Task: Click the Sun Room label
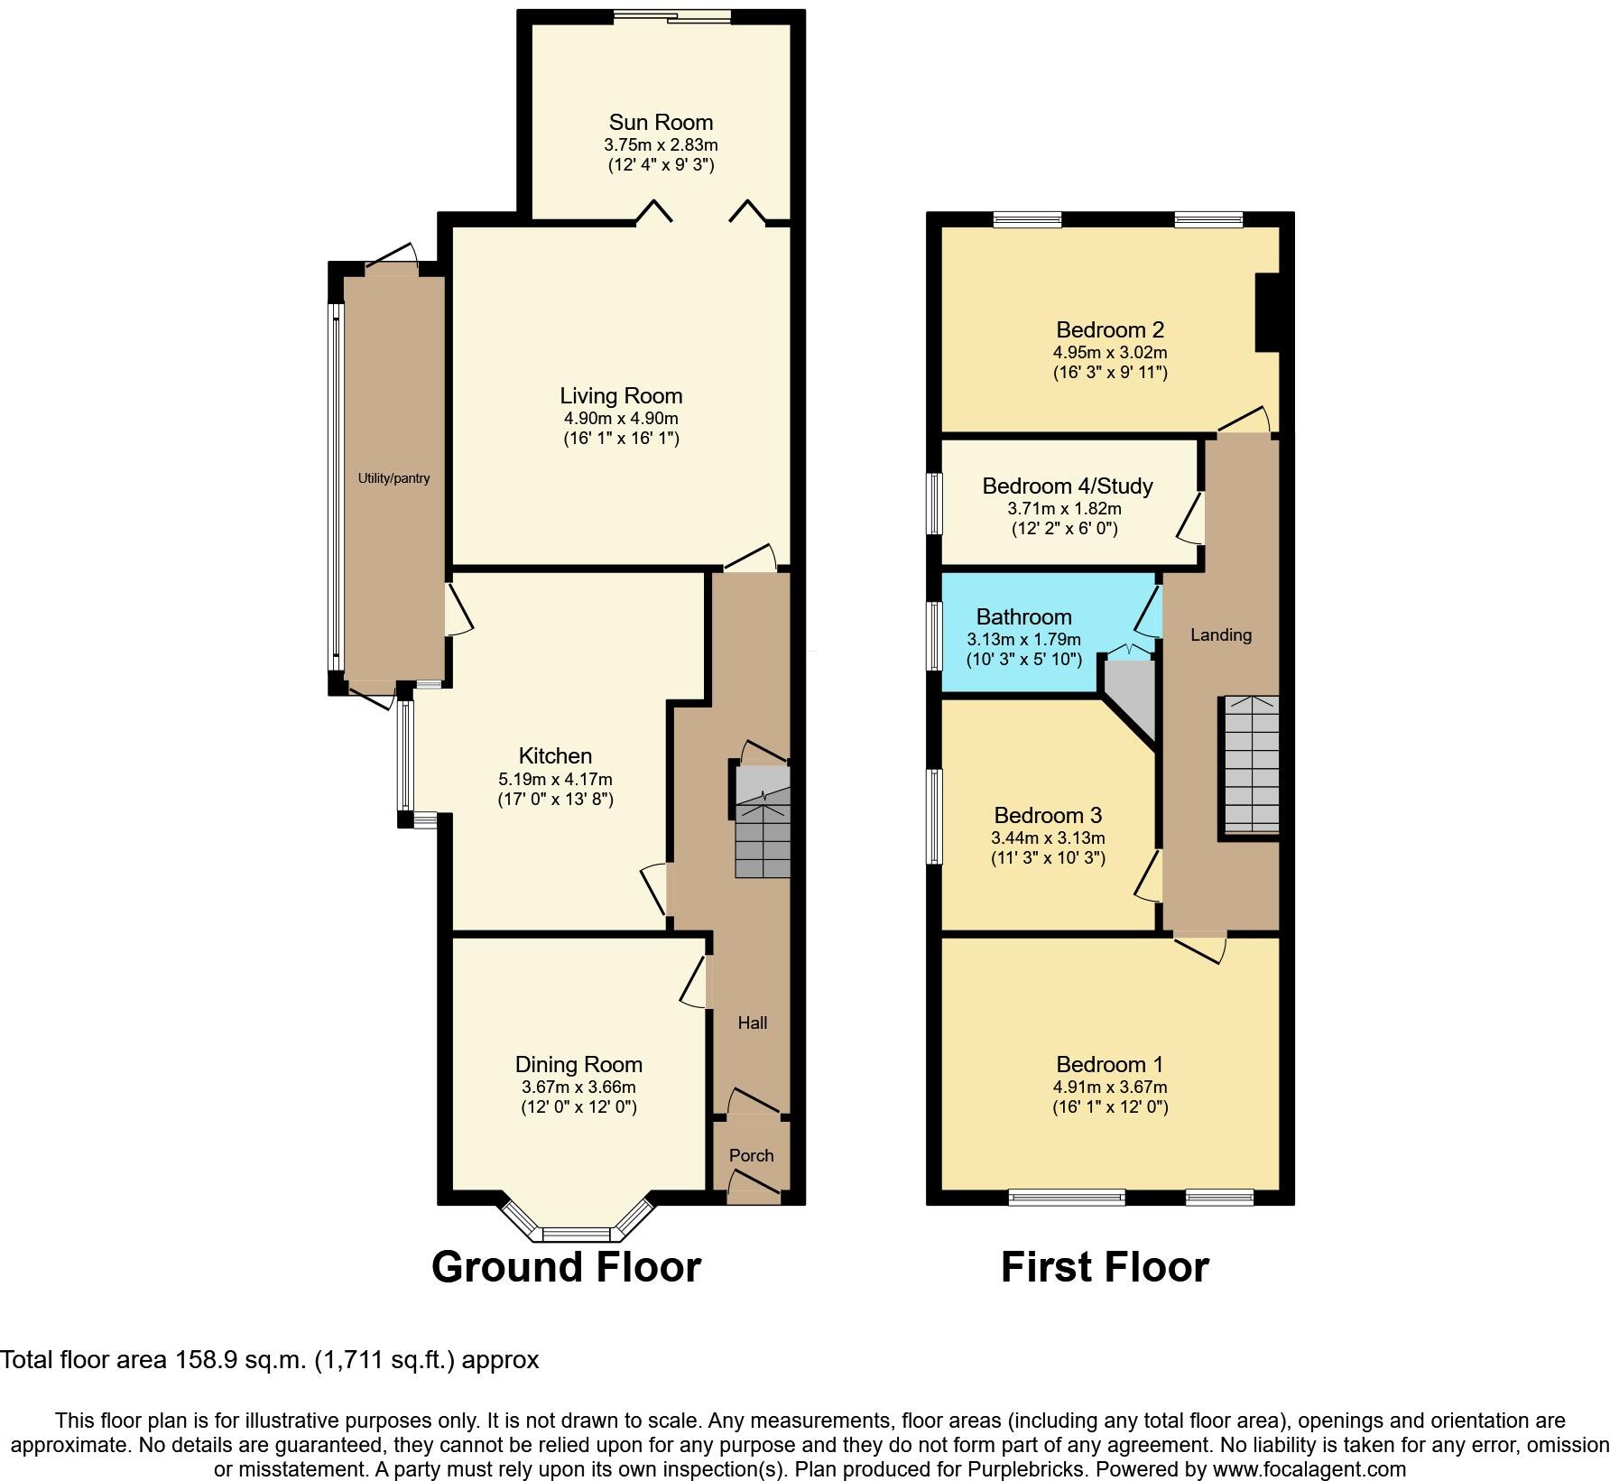pos(661,123)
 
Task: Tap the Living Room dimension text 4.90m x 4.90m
pos(621,419)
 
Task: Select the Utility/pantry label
pos(393,478)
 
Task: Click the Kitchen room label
pos(555,756)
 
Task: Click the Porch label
pos(751,1155)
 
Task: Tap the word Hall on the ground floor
pos(752,1023)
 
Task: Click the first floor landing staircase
pos(1250,764)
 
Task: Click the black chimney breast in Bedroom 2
pos(1267,311)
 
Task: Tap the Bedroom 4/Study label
pos(1067,486)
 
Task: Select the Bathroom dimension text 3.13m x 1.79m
pos(1023,639)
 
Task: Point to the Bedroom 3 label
pos(1048,816)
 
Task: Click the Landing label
pos(1220,635)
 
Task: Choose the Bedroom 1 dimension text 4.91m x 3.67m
pos(1110,1088)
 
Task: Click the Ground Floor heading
pos(566,1267)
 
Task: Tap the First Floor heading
pos(1105,1267)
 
